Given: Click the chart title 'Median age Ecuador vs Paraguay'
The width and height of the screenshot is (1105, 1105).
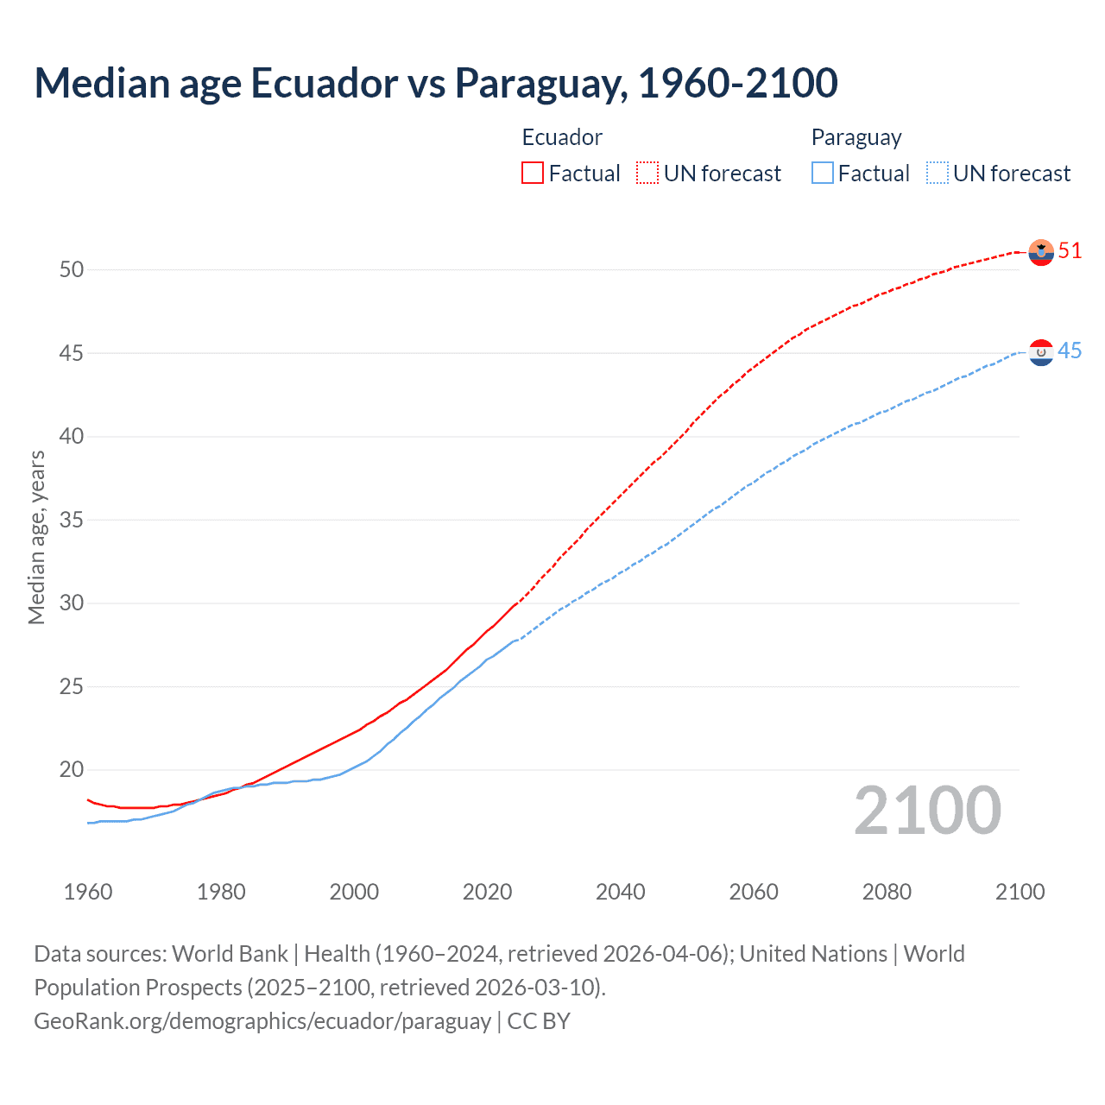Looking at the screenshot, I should (x=435, y=83).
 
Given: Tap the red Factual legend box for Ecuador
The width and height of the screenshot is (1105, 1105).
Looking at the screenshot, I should (x=533, y=173).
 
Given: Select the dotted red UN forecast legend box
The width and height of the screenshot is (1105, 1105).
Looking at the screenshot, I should (x=647, y=173).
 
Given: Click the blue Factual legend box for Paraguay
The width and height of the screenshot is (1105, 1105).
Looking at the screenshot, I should (x=823, y=173).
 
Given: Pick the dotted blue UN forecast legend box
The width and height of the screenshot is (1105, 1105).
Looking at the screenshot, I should (x=937, y=173).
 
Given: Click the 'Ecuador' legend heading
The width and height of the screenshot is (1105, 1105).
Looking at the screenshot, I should (x=562, y=137).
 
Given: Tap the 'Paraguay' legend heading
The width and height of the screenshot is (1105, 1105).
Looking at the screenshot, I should (x=856, y=137).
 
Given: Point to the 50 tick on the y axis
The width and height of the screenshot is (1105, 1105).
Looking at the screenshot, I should (x=72, y=269).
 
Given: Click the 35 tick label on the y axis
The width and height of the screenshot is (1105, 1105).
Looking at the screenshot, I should (x=72, y=520).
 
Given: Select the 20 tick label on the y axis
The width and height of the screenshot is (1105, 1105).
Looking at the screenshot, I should (x=72, y=770).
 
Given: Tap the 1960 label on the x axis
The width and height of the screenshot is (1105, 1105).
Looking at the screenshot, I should (x=88, y=892).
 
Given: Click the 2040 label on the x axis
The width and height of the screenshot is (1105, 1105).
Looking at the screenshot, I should (x=621, y=892).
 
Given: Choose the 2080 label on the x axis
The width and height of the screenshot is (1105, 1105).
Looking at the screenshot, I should (x=887, y=892).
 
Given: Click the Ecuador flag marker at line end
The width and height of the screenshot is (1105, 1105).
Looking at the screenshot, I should (x=1041, y=252).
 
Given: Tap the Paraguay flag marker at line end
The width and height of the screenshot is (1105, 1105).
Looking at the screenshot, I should (x=1041, y=352).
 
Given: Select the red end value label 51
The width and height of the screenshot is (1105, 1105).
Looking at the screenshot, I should (x=1070, y=251).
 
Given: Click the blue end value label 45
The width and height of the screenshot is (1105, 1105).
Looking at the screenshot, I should (x=1070, y=351).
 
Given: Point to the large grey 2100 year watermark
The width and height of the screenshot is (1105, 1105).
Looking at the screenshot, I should (x=927, y=811).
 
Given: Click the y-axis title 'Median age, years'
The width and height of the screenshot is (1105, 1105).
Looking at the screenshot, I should (x=36, y=537).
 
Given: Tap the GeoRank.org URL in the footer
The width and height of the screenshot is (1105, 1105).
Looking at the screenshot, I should (x=262, y=1020).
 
